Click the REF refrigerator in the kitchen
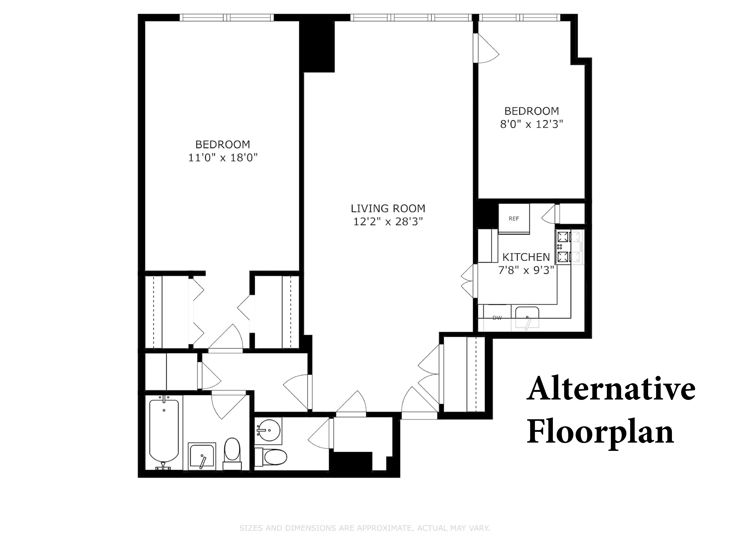514,218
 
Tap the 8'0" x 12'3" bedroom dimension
531,124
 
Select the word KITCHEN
526,257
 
